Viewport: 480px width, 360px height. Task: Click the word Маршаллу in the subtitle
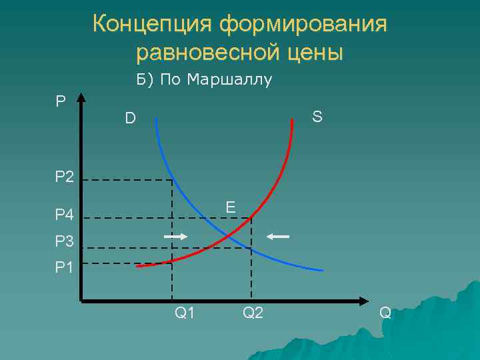coord(230,81)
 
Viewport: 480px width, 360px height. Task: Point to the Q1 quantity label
coord(185,312)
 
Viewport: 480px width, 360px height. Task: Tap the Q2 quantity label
coord(253,312)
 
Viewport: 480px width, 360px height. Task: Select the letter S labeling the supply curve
coord(317,117)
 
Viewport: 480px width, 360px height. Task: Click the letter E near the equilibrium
coord(230,207)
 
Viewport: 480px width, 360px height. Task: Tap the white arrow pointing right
coord(176,237)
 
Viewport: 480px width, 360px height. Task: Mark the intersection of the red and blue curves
coord(229,236)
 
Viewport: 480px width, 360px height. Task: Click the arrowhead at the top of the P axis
coord(81,98)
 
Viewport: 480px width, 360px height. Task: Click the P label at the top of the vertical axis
coord(61,101)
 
